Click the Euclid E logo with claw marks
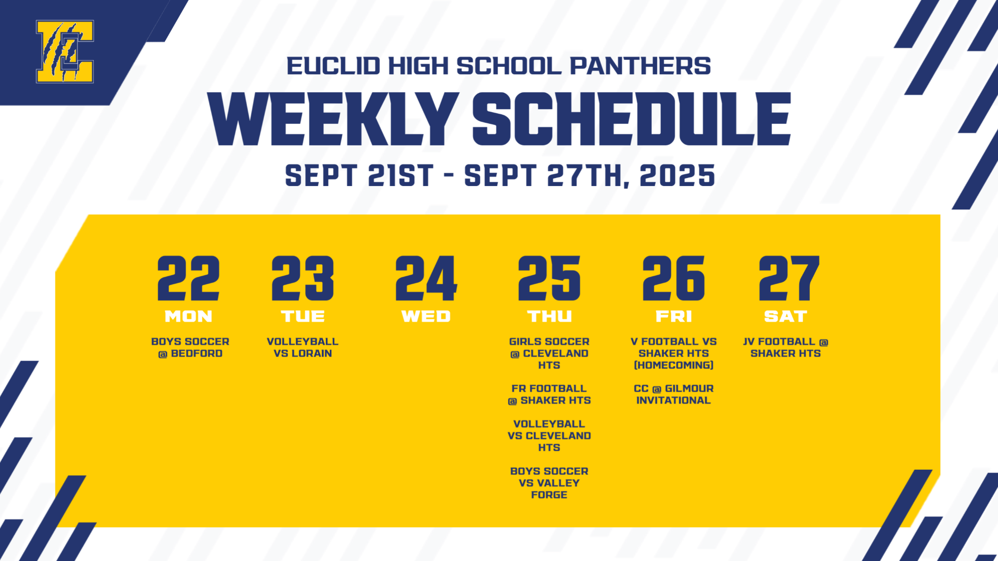click(64, 51)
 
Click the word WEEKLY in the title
click(333, 119)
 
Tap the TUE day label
click(303, 316)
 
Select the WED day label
click(426, 316)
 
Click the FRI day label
click(674, 316)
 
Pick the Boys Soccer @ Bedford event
click(190, 348)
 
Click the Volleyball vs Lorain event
click(303, 348)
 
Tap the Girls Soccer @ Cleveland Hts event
click(549, 353)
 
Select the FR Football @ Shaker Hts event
click(549, 394)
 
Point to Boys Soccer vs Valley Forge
click(549, 483)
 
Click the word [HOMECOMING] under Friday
click(674, 366)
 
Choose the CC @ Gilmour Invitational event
click(674, 394)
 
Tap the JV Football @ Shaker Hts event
click(785, 348)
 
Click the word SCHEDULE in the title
click(631, 119)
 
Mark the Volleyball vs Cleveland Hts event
click(549, 436)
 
